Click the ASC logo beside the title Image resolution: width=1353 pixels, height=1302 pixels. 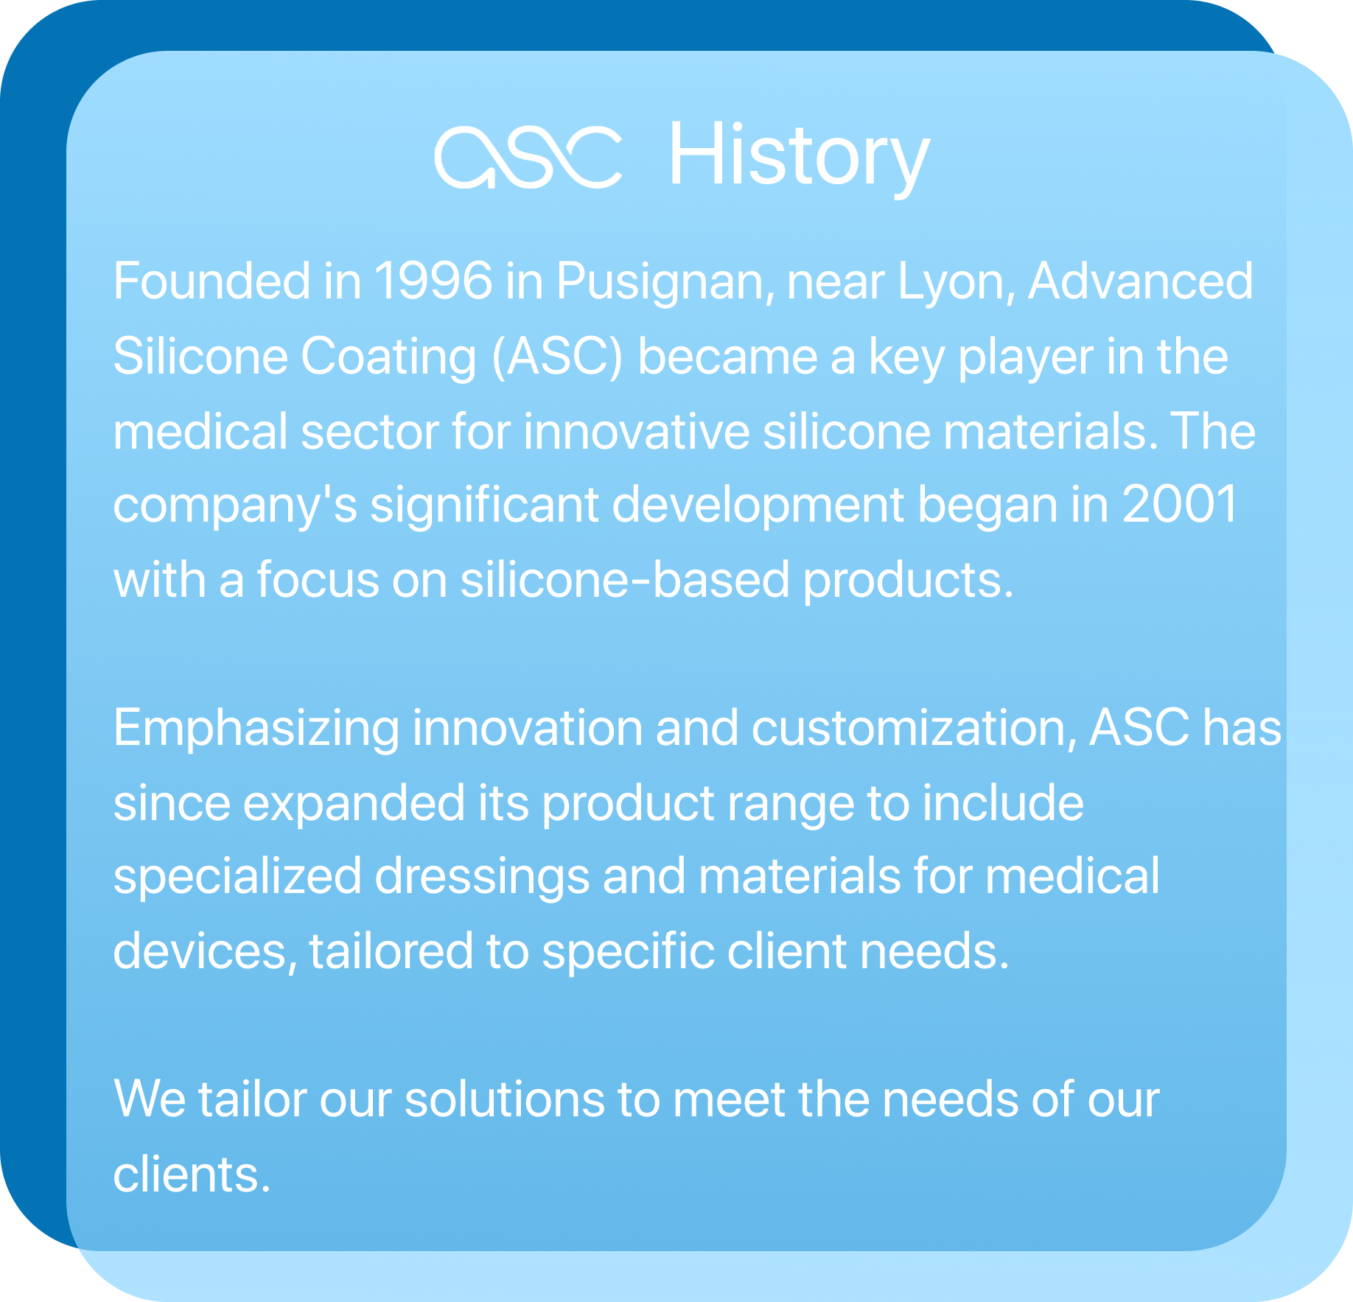pyautogui.click(x=528, y=157)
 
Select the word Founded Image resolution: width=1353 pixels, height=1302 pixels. pyautogui.click(x=211, y=281)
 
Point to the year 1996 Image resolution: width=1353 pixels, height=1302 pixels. pyautogui.click(x=433, y=281)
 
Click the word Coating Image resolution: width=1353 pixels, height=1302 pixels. pyautogui.click(x=388, y=357)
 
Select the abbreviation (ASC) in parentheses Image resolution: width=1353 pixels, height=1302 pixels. pyautogui.click(x=557, y=357)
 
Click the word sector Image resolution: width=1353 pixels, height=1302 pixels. pyautogui.click(x=369, y=432)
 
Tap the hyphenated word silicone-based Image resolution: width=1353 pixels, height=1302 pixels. pyautogui.click(x=625, y=581)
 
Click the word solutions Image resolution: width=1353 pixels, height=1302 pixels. pyautogui.click(x=504, y=1100)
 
